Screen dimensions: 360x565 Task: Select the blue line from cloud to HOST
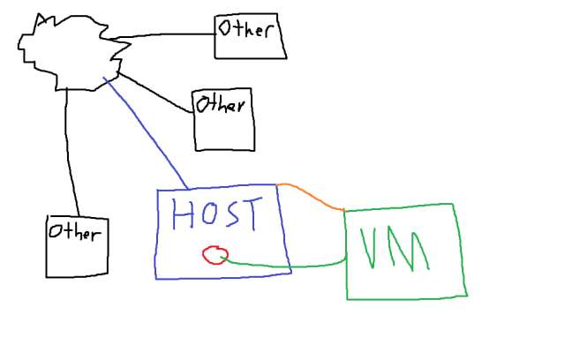click(147, 133)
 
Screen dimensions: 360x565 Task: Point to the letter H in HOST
click(184, 215)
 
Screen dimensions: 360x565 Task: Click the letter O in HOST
click(208, 215)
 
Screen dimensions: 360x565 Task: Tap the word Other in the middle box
click(219, 105)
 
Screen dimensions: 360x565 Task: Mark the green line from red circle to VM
click(291, 265)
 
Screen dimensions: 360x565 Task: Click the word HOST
click(218, 215)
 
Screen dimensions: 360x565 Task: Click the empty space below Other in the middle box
click(222, 132)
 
